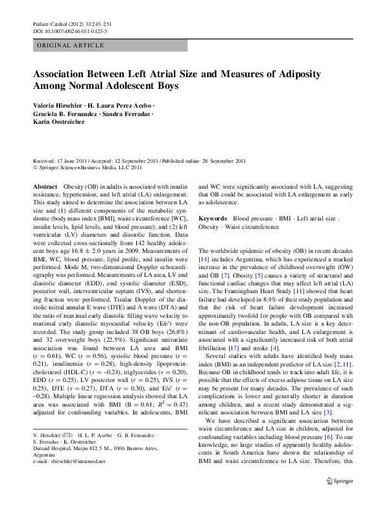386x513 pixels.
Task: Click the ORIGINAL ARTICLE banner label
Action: coord(70,45)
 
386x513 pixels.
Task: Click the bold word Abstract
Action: coord(45,186)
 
